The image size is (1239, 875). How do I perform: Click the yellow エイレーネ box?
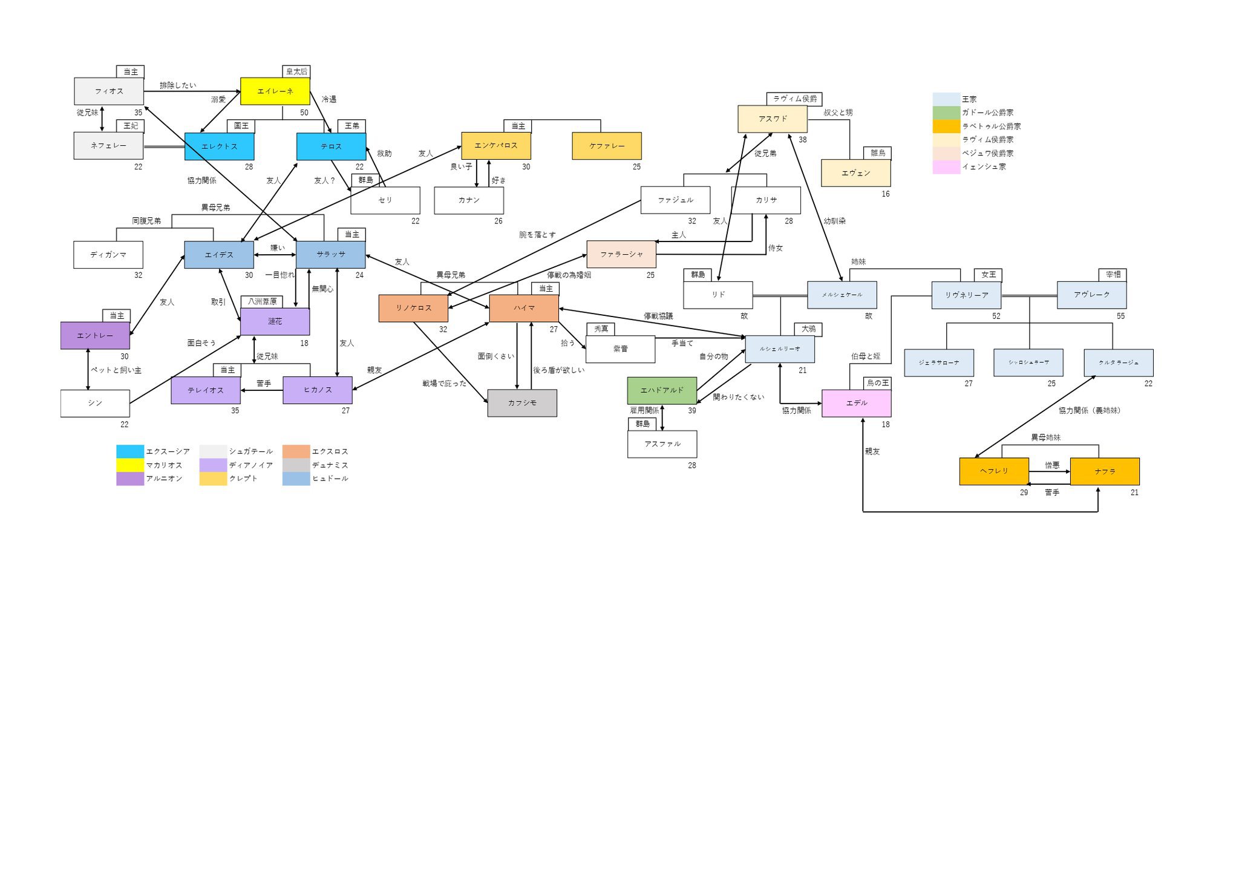tap(275, 91)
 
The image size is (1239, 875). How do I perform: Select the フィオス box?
tap(109, 91)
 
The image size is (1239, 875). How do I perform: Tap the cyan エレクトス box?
tap(219, 146)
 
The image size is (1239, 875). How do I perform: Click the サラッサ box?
tap(330, 255)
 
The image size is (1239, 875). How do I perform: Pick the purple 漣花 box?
tap(275, 322)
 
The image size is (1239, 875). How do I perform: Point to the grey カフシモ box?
tap(522, 403)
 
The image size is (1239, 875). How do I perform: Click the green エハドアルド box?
tap(662, 390)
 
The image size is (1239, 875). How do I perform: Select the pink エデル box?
tap(856, 403)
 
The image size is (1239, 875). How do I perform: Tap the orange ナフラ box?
tap(1105, 471)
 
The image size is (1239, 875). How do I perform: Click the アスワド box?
tap(773, 119)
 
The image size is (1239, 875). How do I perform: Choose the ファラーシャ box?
tap(621, 255)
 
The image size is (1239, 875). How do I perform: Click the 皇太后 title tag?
tap(296, 71)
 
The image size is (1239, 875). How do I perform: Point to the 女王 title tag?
tap(988, 275)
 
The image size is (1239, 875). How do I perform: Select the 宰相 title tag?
tap(1113, 275)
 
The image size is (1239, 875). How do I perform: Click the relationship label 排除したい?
tap(178, 86)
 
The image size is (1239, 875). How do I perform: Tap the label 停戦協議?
tap(658, 316)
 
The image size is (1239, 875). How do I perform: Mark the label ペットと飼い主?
tap(116, 370)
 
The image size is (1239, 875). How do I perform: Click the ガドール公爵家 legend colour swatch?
tap(946, 113)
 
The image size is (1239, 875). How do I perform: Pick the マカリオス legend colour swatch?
tap(130, 465)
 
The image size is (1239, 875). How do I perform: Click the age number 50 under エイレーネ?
tap(304, 113)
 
